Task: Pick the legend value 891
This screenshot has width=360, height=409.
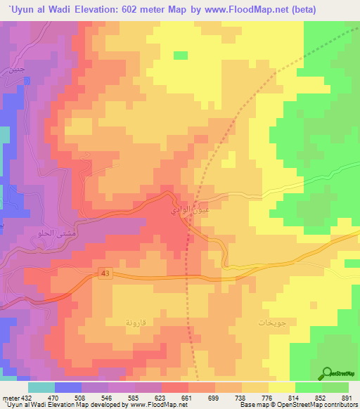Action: [345, 396]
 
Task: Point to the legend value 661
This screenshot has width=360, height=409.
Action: [186, 396]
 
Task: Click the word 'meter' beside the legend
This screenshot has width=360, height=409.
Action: [10, 396]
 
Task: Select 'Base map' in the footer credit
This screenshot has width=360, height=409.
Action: [252, 404]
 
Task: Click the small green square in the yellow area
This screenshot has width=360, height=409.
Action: [181, 55]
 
